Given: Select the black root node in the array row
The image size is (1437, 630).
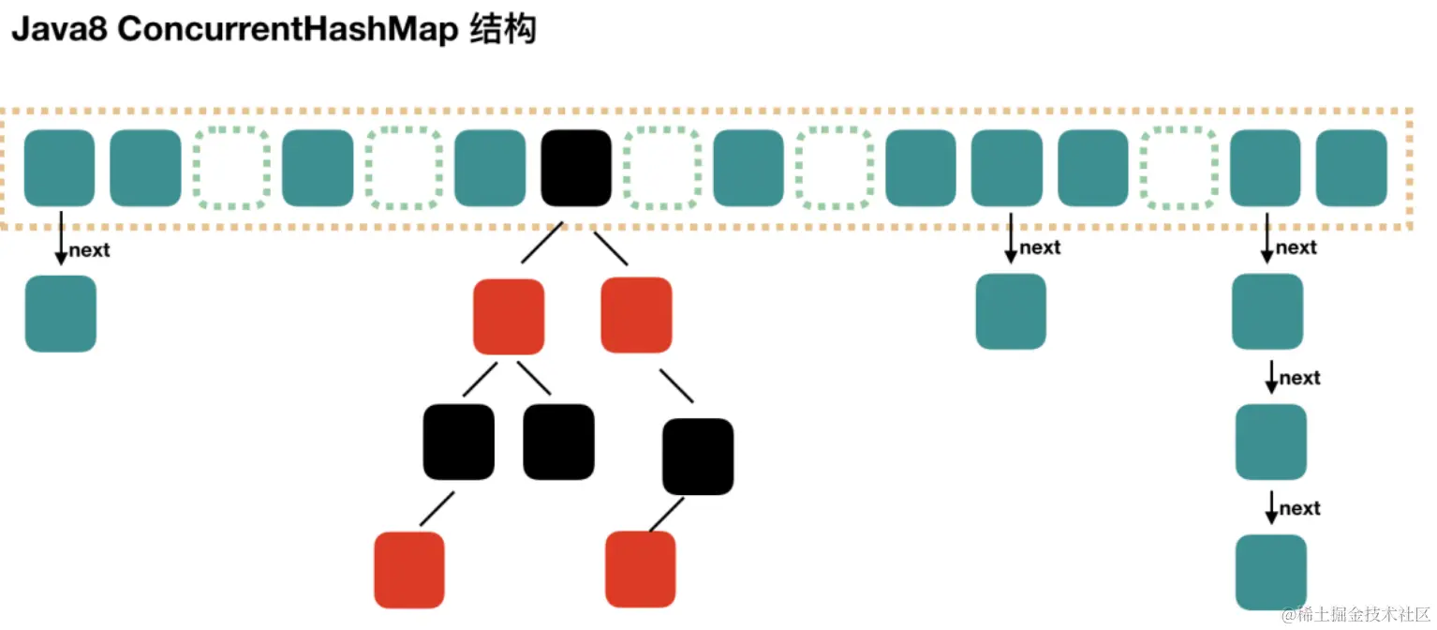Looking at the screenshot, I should pos(576,168).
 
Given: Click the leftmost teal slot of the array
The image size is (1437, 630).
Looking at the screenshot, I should pos(59,168).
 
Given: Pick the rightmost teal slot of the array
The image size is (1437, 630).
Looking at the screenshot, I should pos(1351,168).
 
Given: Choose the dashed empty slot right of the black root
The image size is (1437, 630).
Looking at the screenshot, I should pos(662,168).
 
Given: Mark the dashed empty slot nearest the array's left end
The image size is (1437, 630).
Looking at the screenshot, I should pos(230,168).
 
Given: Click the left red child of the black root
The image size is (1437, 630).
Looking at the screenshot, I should pos(509,316).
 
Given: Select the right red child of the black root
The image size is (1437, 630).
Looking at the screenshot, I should pos(636,315).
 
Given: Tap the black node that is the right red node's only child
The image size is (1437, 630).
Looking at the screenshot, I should pos(698,457).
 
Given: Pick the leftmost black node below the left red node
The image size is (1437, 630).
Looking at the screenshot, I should pos(458,442).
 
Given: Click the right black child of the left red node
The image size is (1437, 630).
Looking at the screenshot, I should pos(558,442).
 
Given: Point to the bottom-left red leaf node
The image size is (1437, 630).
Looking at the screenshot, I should pos(408,569).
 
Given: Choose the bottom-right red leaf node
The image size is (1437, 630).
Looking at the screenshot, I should pos(641,569).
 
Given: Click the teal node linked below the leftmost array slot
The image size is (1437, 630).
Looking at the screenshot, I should pos(60,314).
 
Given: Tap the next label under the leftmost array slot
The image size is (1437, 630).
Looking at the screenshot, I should pos(89,250).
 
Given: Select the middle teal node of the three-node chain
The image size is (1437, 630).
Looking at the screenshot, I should pos(1271,442).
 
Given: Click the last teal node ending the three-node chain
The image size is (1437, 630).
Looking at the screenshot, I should pos(1271,572).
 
